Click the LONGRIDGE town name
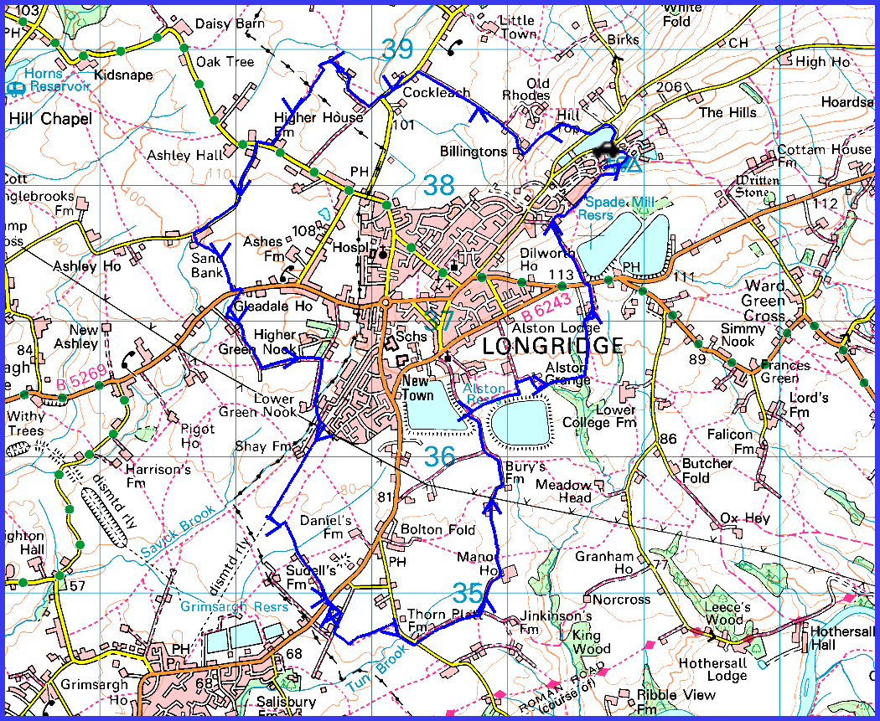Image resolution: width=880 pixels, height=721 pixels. [553, 345]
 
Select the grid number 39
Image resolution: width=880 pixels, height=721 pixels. [398, 49]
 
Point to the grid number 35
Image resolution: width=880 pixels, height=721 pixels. [468, 593]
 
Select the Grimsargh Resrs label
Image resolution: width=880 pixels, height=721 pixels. [234, 606]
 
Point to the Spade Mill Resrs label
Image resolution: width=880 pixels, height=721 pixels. [619, 209]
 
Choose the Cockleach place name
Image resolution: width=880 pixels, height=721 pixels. [437, 93]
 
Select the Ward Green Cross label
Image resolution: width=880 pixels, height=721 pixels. [764, 301]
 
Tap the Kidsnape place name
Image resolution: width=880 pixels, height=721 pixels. [123, 75]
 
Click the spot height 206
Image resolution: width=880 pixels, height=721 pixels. [670, 87]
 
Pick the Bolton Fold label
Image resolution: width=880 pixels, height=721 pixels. [438, 530]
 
